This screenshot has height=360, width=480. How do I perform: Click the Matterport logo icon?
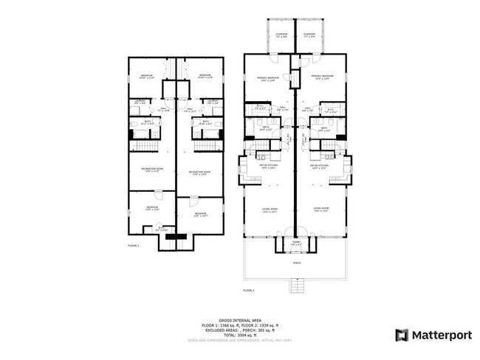pos(402,335)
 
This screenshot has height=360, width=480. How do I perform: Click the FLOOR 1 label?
pos(134,245)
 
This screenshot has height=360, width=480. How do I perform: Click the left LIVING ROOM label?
pos(269,209)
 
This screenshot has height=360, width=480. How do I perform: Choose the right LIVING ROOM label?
pos(320,209)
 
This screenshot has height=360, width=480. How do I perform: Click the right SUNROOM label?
pos(309,33)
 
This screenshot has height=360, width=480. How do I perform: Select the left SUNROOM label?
pos(281,33)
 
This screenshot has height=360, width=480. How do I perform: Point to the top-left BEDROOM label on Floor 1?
pos(147,75)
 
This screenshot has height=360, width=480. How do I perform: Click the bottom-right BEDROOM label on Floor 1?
pos(200,212)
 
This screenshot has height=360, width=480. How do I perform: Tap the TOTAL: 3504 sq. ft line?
pos(239,334)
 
